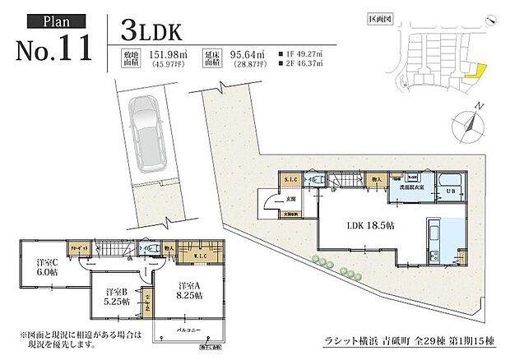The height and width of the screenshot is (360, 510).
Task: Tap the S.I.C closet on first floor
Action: pyautogui.click(x=290, y=180)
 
